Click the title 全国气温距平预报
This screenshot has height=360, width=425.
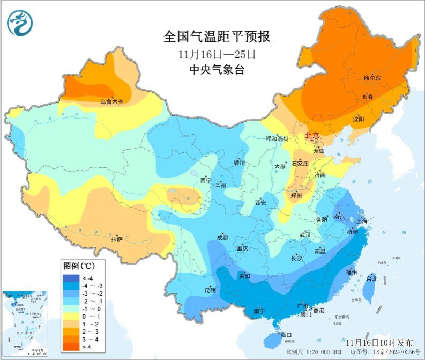[217, 37]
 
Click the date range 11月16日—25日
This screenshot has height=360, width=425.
[217, 54]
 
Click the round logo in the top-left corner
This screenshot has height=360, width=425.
[20, 23]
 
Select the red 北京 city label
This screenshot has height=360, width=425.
[313, 136]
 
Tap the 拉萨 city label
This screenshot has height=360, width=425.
[117, 239]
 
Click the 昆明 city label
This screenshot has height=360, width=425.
[210, 290]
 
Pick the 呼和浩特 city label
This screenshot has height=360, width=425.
[277, 138]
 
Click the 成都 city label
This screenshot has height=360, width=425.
[222, 238]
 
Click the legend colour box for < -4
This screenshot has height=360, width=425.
[71, 278]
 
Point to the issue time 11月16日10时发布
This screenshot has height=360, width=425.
[379, 342]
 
